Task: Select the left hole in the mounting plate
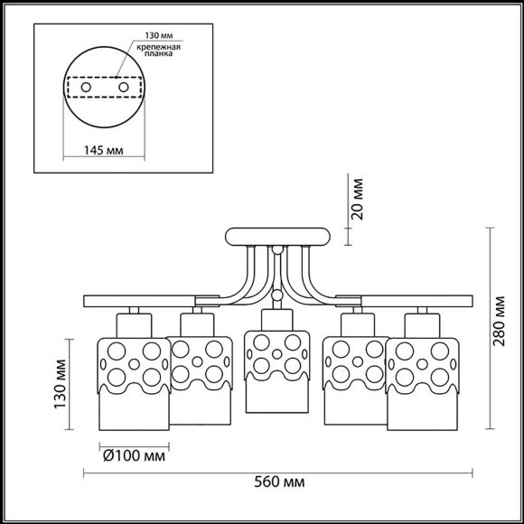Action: coord(87,88)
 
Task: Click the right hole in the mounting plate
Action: coord(124,88)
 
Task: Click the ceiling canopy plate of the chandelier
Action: coord(277,238)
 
